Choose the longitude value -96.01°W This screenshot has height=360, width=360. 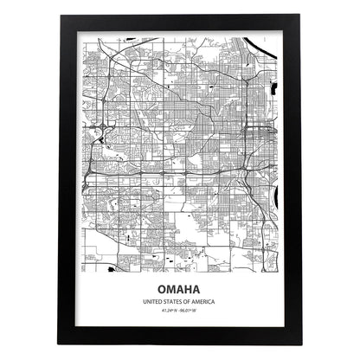click(x=191, y=309)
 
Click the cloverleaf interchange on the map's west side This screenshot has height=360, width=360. click(x=101, y=132)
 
